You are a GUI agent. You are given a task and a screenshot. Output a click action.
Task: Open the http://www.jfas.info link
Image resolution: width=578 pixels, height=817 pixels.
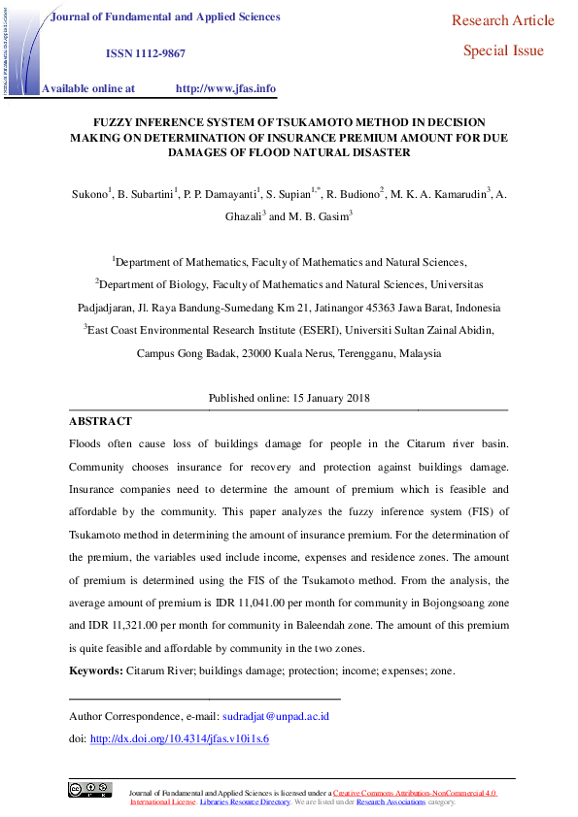click(225, 88)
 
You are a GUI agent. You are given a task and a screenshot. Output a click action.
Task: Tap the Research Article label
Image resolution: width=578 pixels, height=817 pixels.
click(503, 20)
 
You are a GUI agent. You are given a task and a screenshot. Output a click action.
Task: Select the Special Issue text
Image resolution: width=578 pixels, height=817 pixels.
click(503, 51)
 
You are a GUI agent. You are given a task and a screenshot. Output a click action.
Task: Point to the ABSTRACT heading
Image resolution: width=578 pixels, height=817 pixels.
click(100, 422)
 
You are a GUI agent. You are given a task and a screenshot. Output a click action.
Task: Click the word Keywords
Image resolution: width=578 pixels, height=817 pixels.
click(95, 671)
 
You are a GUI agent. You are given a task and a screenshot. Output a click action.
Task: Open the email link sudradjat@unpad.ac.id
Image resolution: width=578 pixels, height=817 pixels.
click(276, 716)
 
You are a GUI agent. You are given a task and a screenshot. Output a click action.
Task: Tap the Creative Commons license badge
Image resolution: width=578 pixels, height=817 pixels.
click(89, 790)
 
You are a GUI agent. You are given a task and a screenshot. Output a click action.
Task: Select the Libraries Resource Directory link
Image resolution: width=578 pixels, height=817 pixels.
click(246, 802)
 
